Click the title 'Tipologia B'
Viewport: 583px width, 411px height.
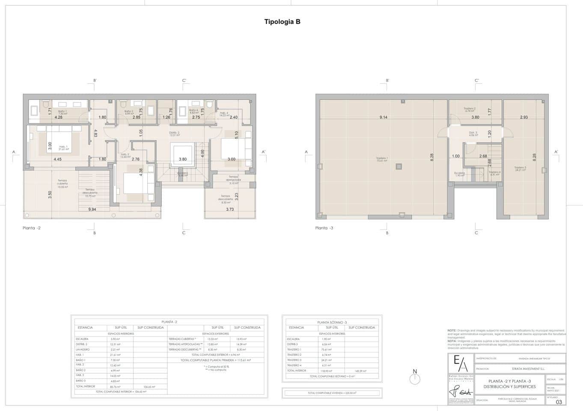pyautogui.click(x=282, y=22)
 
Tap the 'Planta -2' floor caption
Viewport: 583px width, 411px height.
pyautogui.click(x=32, y=228)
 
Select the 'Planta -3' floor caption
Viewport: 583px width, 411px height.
pyautogui.click(x=324, y=228)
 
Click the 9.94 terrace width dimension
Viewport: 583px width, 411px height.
pyautogui.click(x=92, y=209)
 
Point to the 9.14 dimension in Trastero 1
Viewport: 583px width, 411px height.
pyautogui.click(x=383, y=117)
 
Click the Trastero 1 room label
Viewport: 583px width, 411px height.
pyautogui.click(x=382, y=159)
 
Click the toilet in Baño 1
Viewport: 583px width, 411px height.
pyautogui.click(x=45, y=104)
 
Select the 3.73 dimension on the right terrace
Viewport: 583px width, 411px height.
pyautogui.click(x=230, y=209)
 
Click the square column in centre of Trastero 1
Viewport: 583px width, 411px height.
pyautogui.click(x=399, y=166)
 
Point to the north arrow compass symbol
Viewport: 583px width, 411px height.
pyautogui.click(x=414, y=378)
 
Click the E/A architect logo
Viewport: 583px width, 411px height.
pyautogui.click(x=461, y=364)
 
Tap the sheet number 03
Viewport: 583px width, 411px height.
pyautogui.click(x=559, y=402)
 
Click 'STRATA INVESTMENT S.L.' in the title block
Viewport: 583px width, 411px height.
pyautogui.click(x=528, y=369)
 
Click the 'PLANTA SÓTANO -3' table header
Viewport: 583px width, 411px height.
pyautogui.click(x=332, y=322)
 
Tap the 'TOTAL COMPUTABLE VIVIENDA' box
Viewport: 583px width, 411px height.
pyautogui.click(x=332, y=393)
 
